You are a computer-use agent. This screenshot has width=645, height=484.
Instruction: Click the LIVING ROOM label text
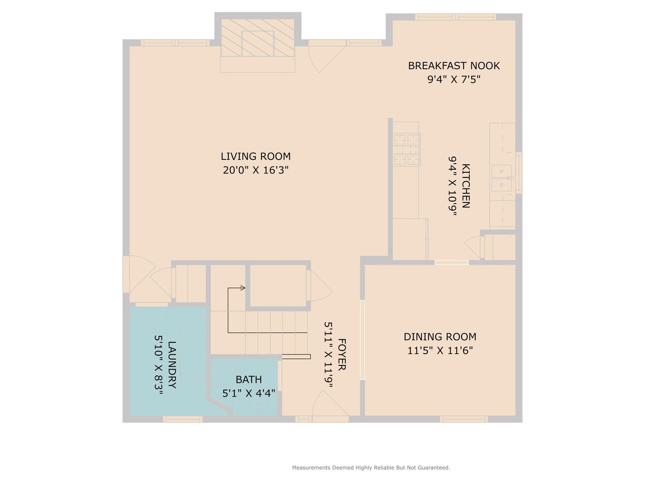pos(256,156)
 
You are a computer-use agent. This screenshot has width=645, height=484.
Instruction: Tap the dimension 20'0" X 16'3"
pos(256,170)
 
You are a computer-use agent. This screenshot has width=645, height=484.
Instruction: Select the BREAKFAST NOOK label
pos(454,66)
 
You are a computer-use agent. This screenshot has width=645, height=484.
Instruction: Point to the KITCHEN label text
pos(466,186)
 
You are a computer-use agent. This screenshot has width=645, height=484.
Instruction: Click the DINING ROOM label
pos(440,337)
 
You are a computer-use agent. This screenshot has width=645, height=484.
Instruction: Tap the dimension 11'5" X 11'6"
pos(440,351)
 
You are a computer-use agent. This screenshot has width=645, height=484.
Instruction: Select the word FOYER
pos(342,354)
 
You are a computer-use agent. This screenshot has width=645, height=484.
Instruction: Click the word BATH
pos(249,379)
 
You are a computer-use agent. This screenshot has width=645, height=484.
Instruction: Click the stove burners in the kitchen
pos(406,150)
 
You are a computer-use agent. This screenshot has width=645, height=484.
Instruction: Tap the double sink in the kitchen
pos(501,178)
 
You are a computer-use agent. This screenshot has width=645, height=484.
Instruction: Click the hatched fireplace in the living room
pos(257,38)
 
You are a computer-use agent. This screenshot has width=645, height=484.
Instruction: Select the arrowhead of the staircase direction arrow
pos(243,288)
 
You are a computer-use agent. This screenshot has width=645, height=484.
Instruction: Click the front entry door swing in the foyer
pos(329,405)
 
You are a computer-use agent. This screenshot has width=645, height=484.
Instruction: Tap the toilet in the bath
pos(258,405)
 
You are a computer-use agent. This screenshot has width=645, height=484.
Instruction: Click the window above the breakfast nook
pos(455,17)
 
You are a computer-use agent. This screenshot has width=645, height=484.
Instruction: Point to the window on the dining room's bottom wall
pos(464,419)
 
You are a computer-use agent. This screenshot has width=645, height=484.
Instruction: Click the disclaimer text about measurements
pos(371,468)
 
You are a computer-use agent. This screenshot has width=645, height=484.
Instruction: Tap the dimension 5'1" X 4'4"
pos(249,393)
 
